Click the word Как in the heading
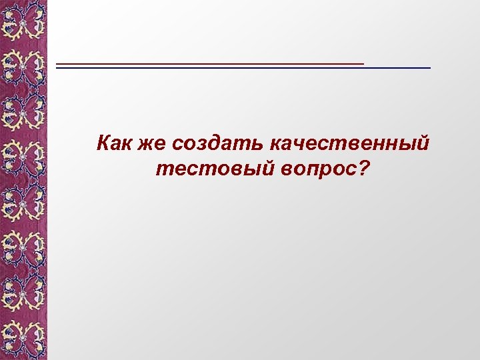(115, 143)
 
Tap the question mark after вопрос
(363, 168)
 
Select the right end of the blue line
(429, 69)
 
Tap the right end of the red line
(363, 63)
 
